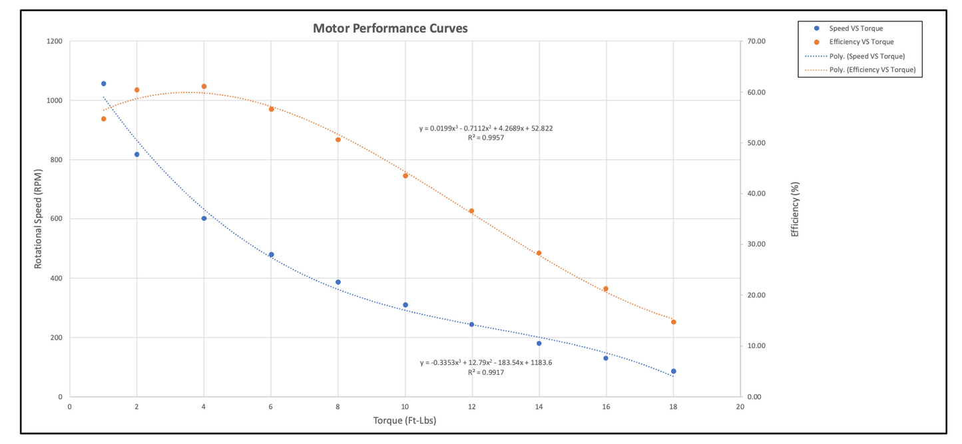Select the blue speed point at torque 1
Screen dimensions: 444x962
[104, 84]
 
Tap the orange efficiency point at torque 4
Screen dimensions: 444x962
[204, 87]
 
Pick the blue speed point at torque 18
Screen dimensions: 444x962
[674, 371]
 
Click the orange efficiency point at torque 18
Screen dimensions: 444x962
[674, 322]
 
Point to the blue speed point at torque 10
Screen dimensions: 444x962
[405, 305]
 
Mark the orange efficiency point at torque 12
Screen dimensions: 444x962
[471, 211]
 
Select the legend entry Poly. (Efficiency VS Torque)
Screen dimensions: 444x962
[871, 69]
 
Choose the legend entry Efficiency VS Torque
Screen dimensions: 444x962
[861, 42]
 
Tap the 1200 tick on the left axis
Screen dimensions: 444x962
[55, 41]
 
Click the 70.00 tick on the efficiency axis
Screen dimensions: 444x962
[758, 41]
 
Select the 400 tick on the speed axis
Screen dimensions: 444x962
[57, 278]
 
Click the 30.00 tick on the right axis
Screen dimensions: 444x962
[758, 244]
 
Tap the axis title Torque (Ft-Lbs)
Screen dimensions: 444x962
[404, 421]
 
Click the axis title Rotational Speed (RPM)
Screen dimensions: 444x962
[38, 219]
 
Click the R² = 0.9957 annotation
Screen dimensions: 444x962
[485, 138]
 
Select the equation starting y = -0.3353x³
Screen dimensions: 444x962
[486, 363]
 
